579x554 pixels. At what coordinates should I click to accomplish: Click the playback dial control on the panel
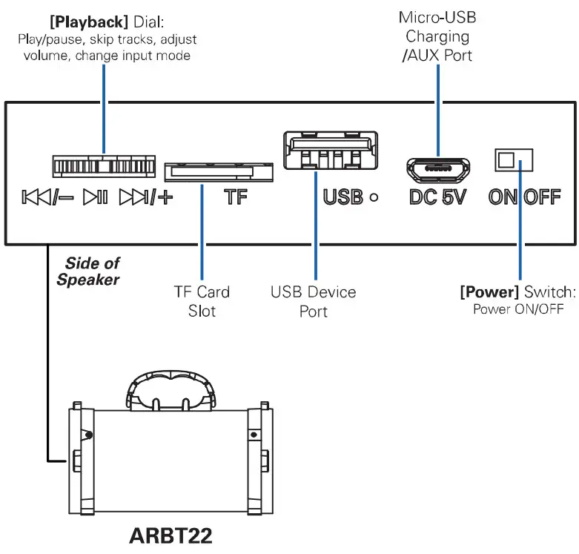(x=104, y=165)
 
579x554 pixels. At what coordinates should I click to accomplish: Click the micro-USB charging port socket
(x=437, y=168)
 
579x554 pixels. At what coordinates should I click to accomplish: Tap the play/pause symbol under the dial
(x=96, y=198)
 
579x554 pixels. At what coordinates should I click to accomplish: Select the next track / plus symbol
(x=145, y=198)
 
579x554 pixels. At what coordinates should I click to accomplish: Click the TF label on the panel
(x=236, y=198)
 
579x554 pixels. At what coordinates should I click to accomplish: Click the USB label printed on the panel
(x=343, y=198)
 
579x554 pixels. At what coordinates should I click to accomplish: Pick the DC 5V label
(x=437, y=198)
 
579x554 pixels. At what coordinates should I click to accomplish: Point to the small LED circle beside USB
(x=374, y=198)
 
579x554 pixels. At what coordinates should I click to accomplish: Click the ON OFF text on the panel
(x=524, y=198)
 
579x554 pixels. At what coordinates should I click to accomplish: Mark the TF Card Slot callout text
(x=202, y=301)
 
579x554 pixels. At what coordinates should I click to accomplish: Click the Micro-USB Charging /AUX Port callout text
(x=437, y=36)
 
